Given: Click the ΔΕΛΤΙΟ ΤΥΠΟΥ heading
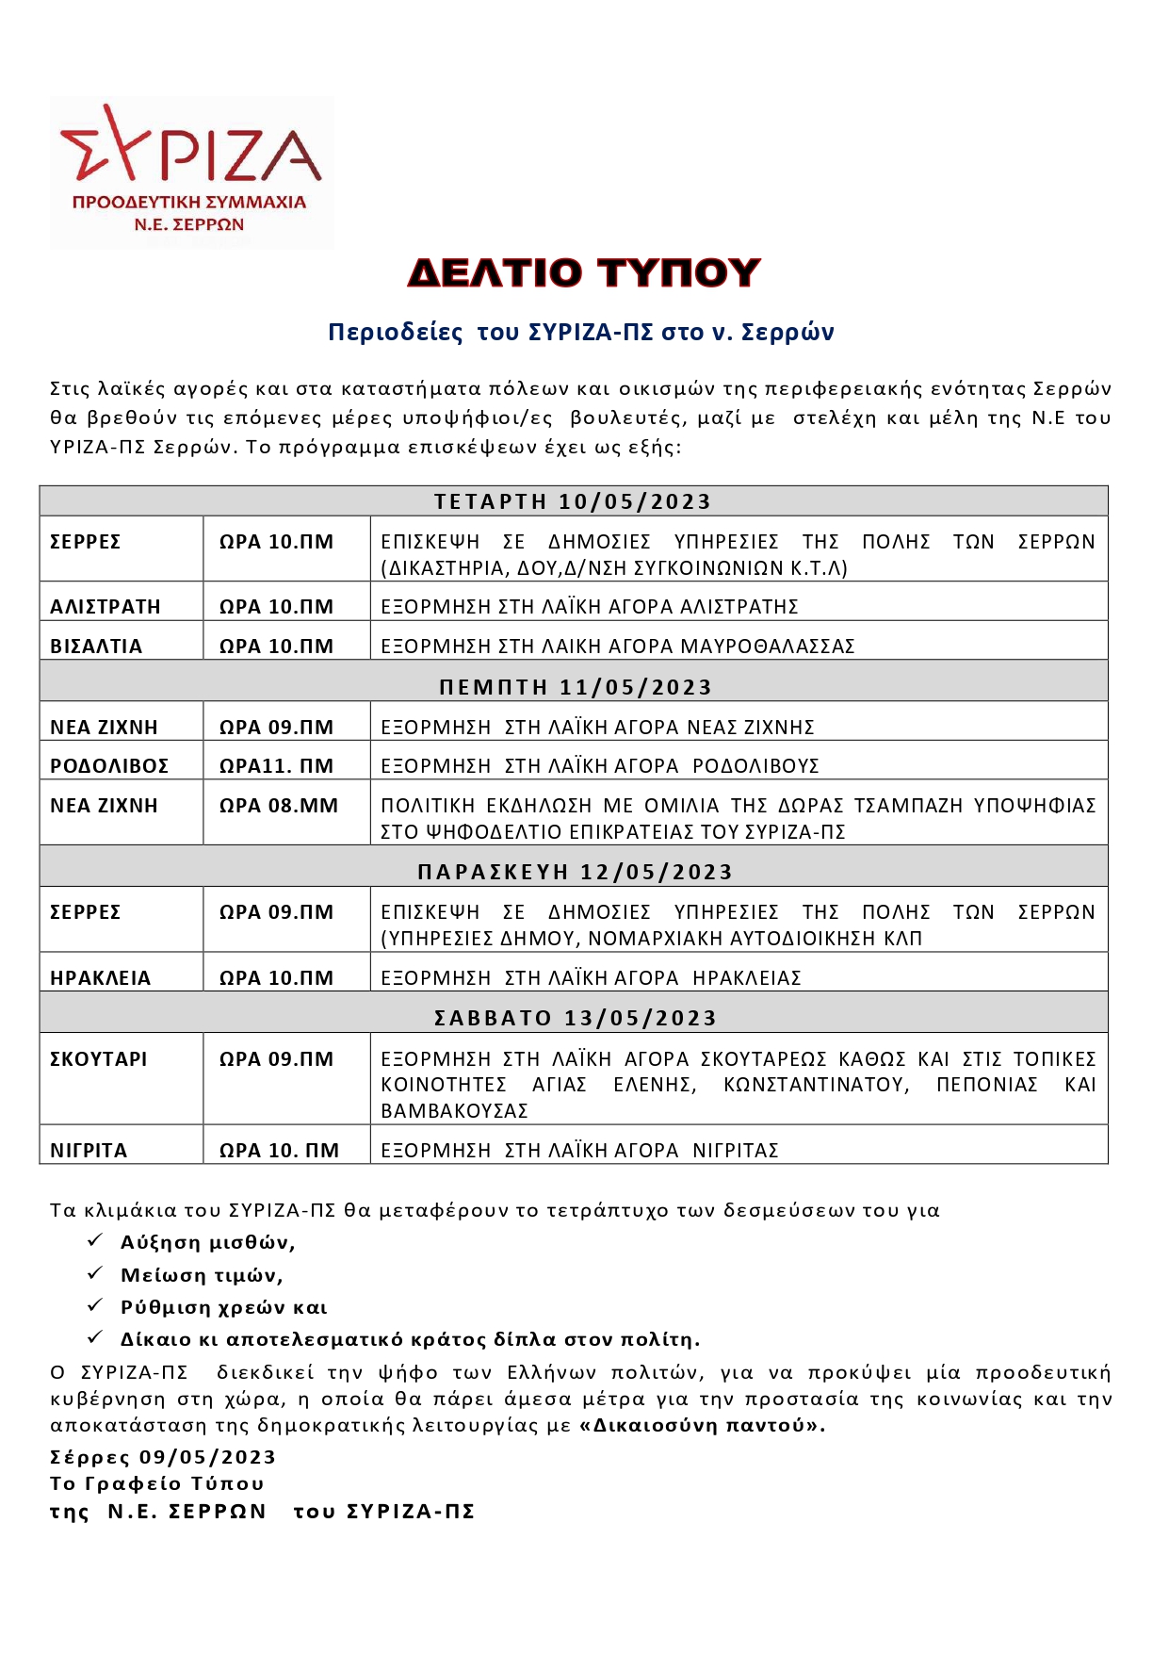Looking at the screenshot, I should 584,273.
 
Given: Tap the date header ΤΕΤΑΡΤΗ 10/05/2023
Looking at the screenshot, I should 573,501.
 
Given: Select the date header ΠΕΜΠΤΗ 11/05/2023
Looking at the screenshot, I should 575,687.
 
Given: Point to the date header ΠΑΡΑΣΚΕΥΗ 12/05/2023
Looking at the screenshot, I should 575,872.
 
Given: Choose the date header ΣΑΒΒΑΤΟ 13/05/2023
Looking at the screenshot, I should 575,1018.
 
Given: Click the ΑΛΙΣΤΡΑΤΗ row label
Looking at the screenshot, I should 106,607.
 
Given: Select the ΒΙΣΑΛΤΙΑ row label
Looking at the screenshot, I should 96,647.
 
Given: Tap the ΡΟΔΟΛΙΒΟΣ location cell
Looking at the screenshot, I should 109,766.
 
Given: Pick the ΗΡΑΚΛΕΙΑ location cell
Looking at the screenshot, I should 100,978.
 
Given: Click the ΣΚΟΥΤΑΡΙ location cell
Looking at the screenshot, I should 99,1059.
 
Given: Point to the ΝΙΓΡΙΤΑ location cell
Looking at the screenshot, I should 89,1151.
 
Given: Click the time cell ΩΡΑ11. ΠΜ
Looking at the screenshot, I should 276,766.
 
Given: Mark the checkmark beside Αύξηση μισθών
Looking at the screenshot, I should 95,1241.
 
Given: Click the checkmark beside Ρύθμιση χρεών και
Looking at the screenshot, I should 95,1305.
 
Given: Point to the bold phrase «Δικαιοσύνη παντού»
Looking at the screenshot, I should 702,1425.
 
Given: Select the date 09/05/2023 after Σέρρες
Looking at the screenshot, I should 207,1457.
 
